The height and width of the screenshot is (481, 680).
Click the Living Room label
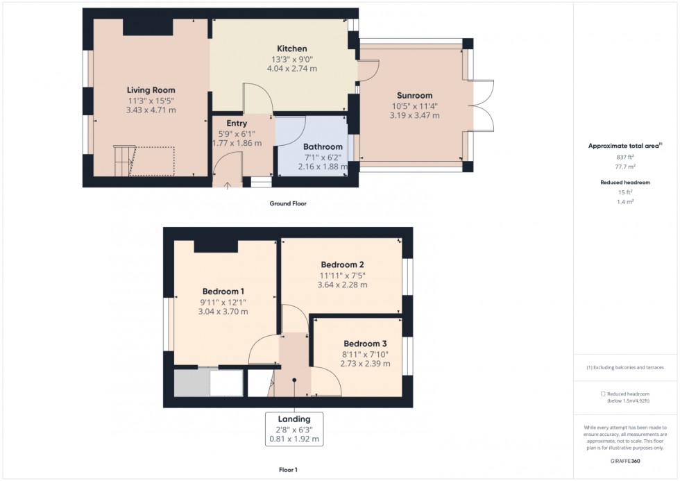[x=151, y=90]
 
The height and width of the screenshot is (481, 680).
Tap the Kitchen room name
[x=292, y=49]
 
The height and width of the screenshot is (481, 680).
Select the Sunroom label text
[x=414, y=96]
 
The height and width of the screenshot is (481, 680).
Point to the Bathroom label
[x=323, y=147]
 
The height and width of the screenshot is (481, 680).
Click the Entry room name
[x=237, y=124]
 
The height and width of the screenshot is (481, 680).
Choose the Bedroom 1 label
[x=223, y=292]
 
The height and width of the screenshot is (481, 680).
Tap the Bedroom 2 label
[x=342, y=264]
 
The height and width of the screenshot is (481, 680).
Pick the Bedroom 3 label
[x=365, y=344]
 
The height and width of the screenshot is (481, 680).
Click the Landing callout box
[x=294, y=429]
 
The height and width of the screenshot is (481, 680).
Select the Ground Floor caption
[x=288, y=204]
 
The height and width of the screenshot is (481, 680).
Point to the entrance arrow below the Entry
[x=228, y=185]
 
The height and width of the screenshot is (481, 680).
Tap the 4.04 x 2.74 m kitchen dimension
[x=292, y=69]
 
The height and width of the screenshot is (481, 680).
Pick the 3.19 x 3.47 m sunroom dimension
[x=414, y=116]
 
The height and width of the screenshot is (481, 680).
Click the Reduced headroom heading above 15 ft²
[x=625, y=182]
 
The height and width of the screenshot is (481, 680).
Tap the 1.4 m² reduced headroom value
[x=625, y=201]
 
